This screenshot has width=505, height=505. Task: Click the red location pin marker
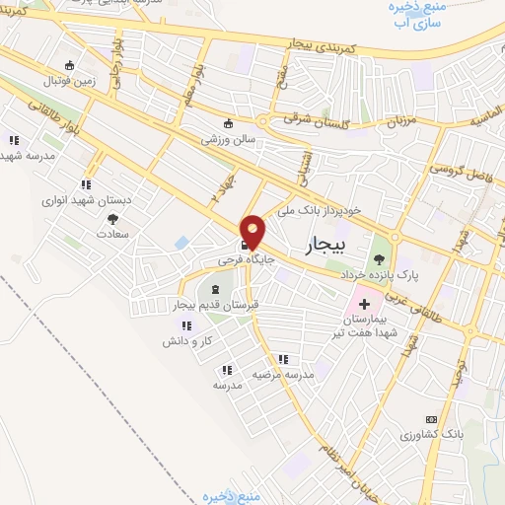pyautogui.click(x=253, y=231)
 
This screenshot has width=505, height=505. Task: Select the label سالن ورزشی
pyautogui.click(x=229, y=140)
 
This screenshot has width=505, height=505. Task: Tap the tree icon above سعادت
pyautogui.click(x=112, y=218)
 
